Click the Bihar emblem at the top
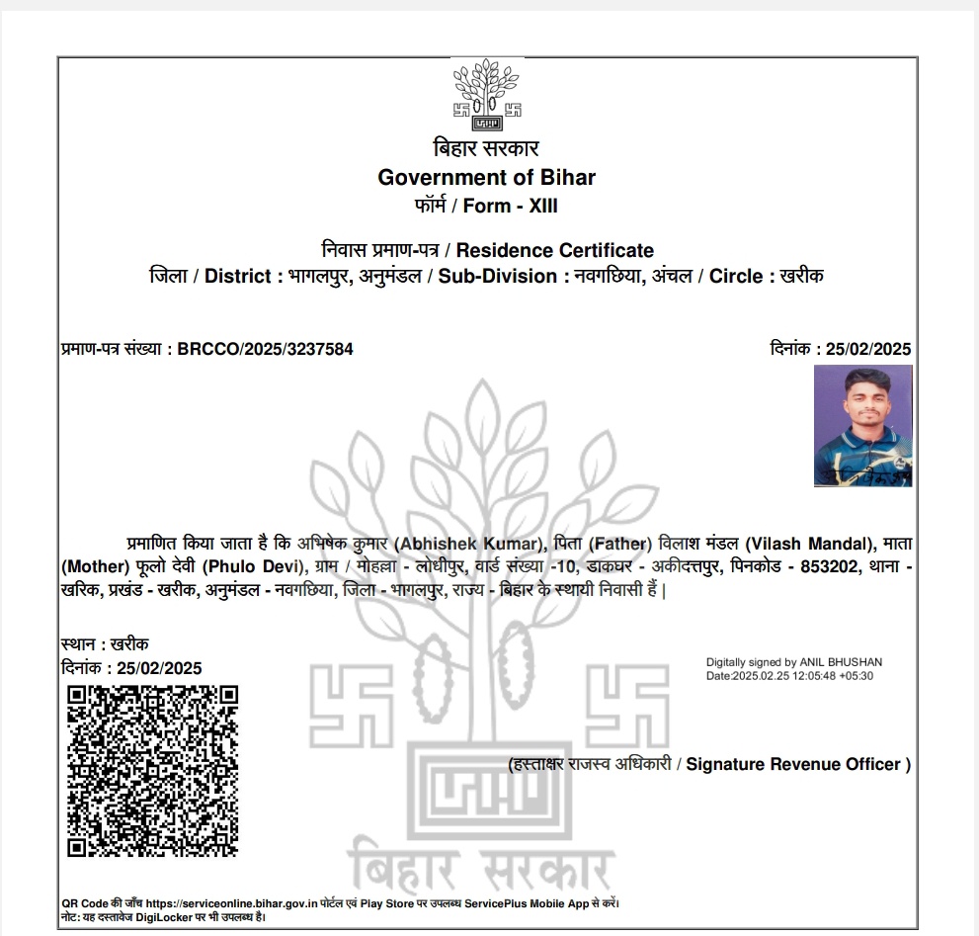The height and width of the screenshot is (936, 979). tap(487, 95)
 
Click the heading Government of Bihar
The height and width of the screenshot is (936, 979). tap(487, 178)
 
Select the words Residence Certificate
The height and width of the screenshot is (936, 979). tap(554, 250)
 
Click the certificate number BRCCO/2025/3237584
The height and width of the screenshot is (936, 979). tap(265, 349)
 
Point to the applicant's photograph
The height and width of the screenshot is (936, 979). tap(862, 426)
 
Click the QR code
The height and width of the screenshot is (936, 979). tap(152, 771)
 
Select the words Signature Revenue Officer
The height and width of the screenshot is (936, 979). tap(793, 764)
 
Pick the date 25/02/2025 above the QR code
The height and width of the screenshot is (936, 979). tap(158, 668)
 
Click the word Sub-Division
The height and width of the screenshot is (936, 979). tap(498, 277)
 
